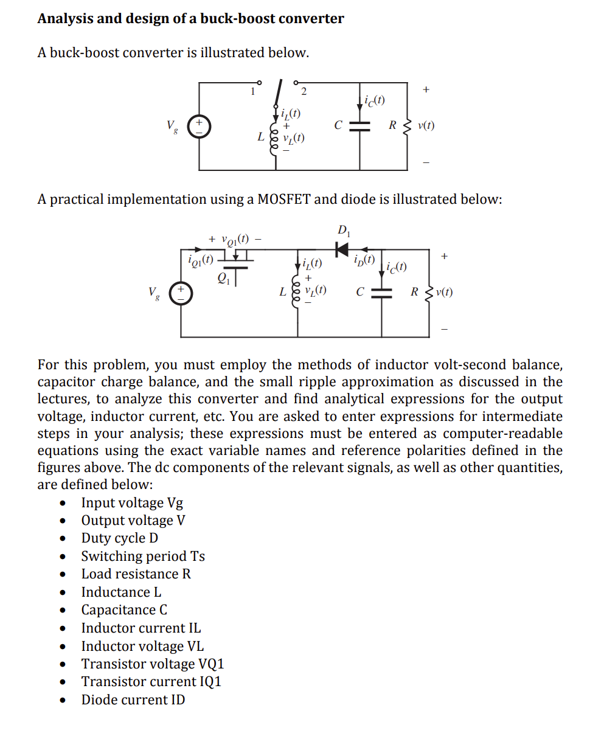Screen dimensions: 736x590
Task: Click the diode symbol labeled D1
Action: pyautogui.click(x=342, y=248)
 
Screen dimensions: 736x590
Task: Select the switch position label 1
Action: pyautogui.click(x=253, y=92)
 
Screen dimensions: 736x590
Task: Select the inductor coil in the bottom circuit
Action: pyautogui.click(x=297, y=291)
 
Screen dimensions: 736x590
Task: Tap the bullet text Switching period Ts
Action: pyautogui.click(x=143, y=556)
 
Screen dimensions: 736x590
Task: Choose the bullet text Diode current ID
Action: pyautogui.click(x=133, y=700)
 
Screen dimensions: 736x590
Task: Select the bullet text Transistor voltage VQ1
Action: pyautogui.click(x=153, y=664)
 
